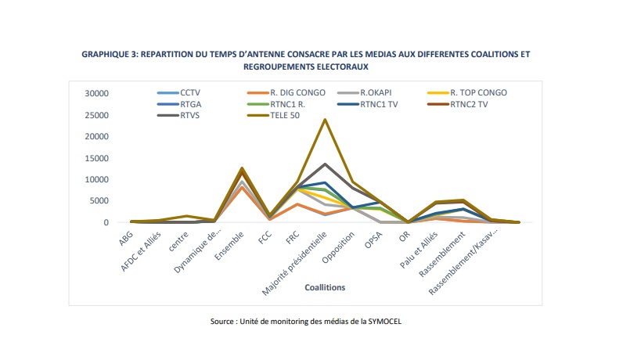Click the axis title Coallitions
click(324, 287)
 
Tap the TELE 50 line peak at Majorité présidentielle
click(324, 120)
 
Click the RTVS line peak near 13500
click(324, 164)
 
